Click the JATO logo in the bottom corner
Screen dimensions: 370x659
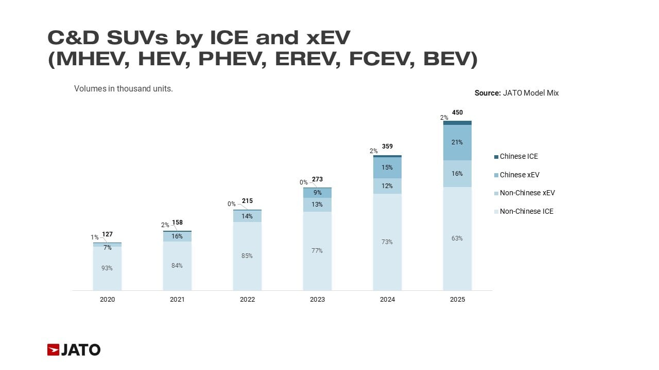pyautogui.click(x=74, y=350)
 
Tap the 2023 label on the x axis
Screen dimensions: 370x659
pyautogui.click(x=317, y=300)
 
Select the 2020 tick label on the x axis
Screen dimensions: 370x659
pyautogui.click(x=107, y=300)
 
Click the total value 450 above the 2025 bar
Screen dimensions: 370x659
pyautogui.click(x=457, y=113)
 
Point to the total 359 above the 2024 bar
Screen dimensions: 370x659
pyautogui.click(x=387, y=146)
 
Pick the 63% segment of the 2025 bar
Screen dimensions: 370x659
pyautogui.click(x=457, y=238)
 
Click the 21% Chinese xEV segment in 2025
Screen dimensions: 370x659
pyautogui.click(x=457, y=142)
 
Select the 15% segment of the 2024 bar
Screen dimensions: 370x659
pyautogui.click(x=387, y=168)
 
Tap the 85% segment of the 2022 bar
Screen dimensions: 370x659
pyautogui.click(x=247, y=256)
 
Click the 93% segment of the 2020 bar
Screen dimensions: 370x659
pyautogui.click(x=107, y=268)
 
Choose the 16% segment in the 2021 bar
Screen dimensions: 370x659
pyautogui.click(x=177, y=236)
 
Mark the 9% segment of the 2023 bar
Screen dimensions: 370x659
pyautogui.click(x=317, y=193)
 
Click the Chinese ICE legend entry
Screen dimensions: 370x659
pyautogui.click(x=518, y=156)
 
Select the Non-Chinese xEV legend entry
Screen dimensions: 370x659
pyautogui.click(x=527, y=193)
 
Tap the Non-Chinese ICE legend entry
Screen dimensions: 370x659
pyautogui.click(x=526, y=211)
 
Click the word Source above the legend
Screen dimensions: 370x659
pyautogui.click(x=487, y=93)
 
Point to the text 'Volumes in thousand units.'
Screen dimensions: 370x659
pyautogui.click(x=124, y=88)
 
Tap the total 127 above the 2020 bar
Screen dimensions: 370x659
pyautogui.click(x=107, y=234)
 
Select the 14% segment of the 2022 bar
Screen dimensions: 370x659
pyautogui.click(x=247, y=216)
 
